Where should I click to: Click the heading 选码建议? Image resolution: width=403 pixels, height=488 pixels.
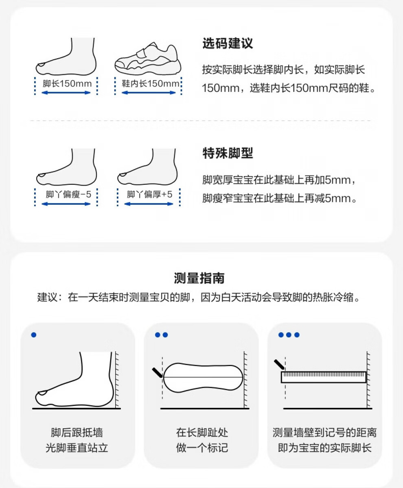click(228, 43)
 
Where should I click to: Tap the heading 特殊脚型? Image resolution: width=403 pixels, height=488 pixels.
click(228, 153)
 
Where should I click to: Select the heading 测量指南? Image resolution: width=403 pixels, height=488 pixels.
click(199, 278)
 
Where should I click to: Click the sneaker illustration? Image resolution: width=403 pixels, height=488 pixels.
click(147, 58)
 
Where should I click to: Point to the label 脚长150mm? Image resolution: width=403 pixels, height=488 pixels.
click(67, 83)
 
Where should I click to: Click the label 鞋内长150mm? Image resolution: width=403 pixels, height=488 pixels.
click(150, 83)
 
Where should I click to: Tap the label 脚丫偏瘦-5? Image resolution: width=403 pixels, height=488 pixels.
click(68, 194)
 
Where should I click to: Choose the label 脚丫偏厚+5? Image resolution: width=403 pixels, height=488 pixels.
click(149, 194)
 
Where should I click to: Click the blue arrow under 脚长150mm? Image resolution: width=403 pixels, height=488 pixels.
click(66, 92)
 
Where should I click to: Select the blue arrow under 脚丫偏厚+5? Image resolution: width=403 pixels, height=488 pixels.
click(149, 204)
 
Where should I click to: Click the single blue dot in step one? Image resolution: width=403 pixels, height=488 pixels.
click(34, 335)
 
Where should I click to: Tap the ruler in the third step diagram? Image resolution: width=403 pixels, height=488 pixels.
click(324, 377)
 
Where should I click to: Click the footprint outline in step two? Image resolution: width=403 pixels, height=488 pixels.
click(203, 378)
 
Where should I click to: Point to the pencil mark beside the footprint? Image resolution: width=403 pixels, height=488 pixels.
click(157, 372)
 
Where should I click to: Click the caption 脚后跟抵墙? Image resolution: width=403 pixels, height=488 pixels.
click(77, 432)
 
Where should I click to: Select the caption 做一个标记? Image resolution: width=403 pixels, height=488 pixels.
click(202, 448)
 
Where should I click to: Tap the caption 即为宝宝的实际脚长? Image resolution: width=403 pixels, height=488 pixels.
click(324, 448)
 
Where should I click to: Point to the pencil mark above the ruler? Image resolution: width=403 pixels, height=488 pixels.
click(279, 364)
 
